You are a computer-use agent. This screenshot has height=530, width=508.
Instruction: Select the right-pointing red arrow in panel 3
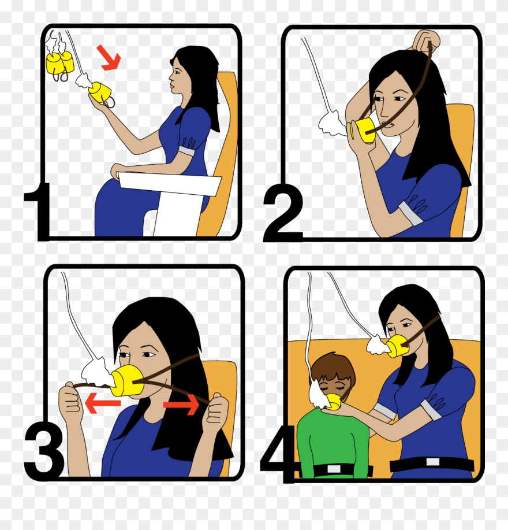point(181,403)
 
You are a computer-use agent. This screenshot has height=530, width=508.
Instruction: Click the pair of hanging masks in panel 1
point(60,63)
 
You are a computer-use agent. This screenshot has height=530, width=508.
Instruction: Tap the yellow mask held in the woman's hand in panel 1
point(101,92)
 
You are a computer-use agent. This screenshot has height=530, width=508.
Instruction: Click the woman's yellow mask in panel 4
point(398,347)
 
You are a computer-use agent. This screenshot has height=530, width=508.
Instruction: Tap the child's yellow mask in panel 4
point(331,402)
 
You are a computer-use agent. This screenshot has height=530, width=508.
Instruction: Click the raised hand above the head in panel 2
point(425,42)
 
